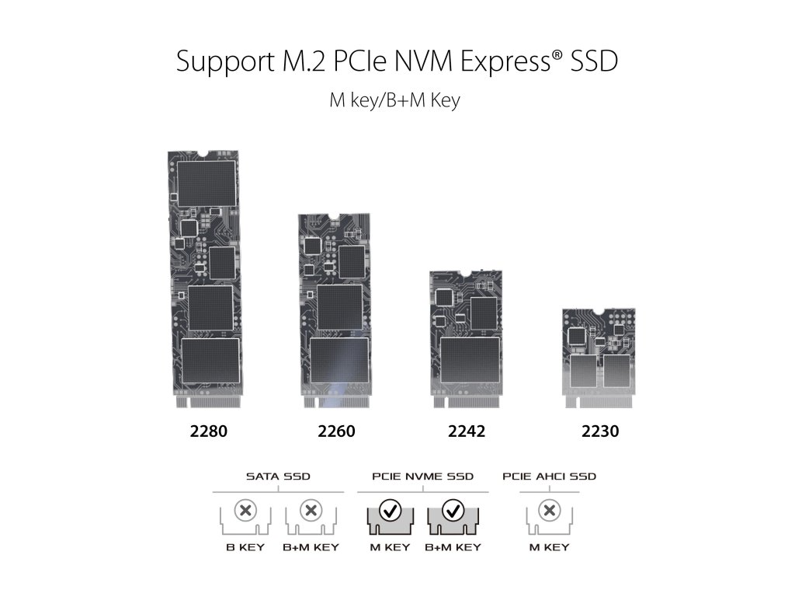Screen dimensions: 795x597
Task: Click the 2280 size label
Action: pyautogui.click(x=209, y=431)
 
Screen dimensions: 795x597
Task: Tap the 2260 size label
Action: pyautogui.click(x=336, y=431)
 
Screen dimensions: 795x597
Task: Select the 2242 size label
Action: pyautogui.click(x=467, y=431)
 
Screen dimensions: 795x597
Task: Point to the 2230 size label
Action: pyautogui.click(x=600, y=431)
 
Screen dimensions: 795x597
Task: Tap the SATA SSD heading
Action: pyautogui.click(x=277, y=476)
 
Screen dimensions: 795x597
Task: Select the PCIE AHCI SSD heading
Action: pyautogui.click(x=550, y=476)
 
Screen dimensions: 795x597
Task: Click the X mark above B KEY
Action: pyautogui.click(x=245, y=511)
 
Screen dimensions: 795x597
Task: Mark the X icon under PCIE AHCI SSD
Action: pyautogui.click(x=550, y=511)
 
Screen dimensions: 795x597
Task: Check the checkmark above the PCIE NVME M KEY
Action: pyautogui.click(x=391, y=511)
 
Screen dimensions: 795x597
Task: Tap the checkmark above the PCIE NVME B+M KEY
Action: pyautogui.click(x=452, y=511)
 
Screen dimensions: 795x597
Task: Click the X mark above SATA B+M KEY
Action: pyautogui.click(x=310, y=511)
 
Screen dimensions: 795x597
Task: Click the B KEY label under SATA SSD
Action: pyautogui.click(x=245, y=547)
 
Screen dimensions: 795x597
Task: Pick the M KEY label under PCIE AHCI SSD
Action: pyautogui.click(x=550, y=547)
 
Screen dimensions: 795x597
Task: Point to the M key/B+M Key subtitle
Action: pyautogui.click(x=396, y=101)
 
